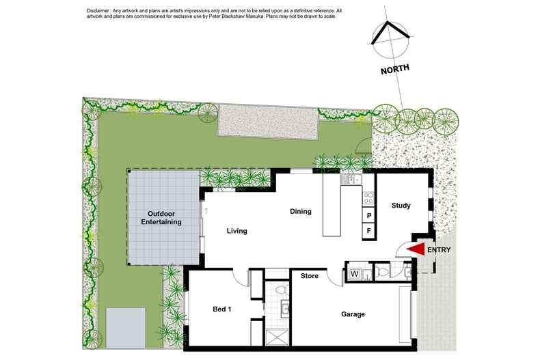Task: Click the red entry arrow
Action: [417, 249]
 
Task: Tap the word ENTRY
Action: [439, 250]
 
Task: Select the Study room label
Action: [401, 206]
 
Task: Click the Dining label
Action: [301, 211]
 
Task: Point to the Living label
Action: [237, 231]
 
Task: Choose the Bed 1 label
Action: [221, 309]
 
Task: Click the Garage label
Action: [353, 314]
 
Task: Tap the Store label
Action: [309, 276]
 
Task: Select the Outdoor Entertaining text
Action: [161, 218]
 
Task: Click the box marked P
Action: [369, 215]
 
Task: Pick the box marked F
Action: [369, 231]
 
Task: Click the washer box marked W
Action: [354, 274]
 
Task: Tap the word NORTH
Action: [395, 69]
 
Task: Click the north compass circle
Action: [391, 40]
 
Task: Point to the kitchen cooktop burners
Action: [368, 198]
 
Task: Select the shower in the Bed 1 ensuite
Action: [278, 337]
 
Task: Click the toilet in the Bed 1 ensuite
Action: [282, 289]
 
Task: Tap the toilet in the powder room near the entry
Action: [383, 273]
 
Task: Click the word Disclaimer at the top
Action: [97, 11]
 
